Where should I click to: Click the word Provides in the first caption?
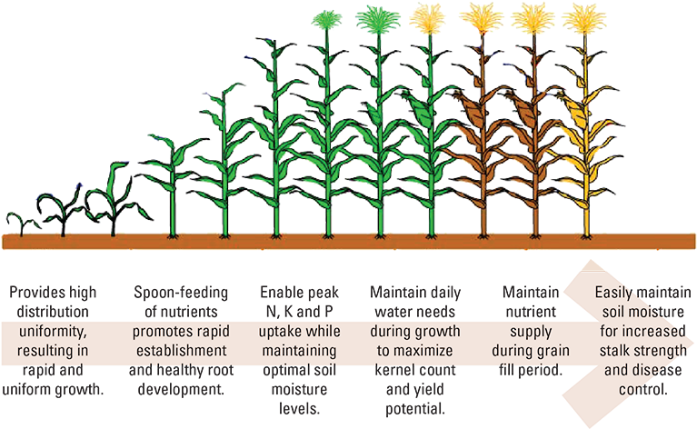coord(37,293)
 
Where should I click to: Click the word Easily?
coord(617,293)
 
